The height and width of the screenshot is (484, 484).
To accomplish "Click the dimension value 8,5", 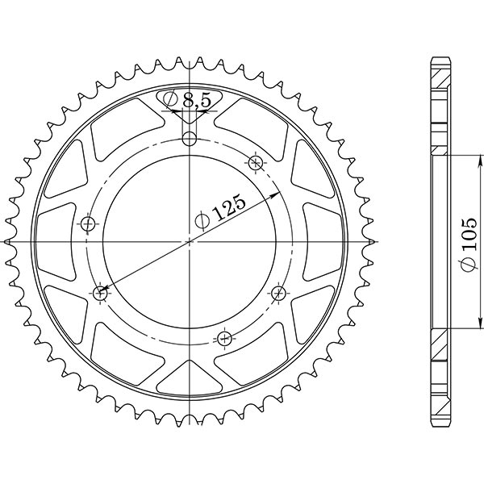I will click(x=198, y=101).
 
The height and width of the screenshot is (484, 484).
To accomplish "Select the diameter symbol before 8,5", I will click(x=171, y=101).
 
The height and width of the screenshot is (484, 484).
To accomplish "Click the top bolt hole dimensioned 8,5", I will click(x=190, y=139).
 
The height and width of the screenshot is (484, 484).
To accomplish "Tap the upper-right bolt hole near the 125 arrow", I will click(x=257, y=163).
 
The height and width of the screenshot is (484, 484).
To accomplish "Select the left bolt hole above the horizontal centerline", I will click(x=88, y=223).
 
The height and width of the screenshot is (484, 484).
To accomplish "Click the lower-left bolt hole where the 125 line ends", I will click(x=101, y=294).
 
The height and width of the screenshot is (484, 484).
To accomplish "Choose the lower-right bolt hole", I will click(x=279, y=292).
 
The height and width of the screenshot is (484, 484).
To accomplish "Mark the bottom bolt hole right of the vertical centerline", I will click(x=225, y=337).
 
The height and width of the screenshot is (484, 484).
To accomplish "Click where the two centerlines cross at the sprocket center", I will click(x=190, y=241).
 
